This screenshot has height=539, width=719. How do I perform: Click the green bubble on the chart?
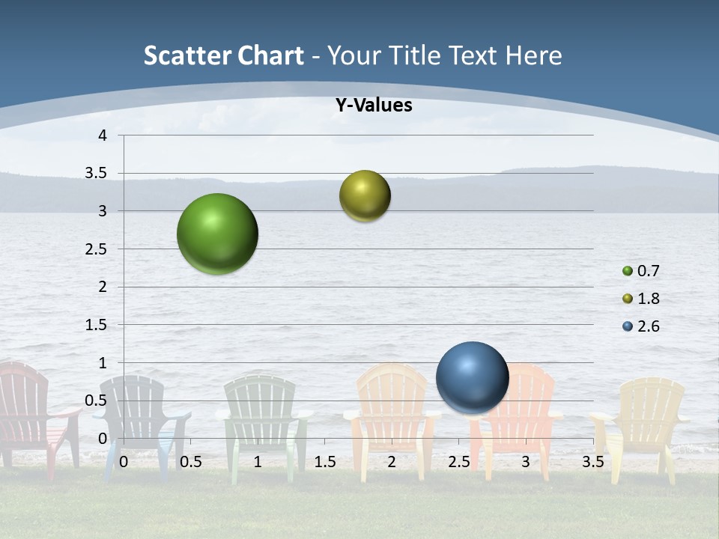pos(217,234)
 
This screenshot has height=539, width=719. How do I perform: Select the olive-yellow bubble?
pos(365,195)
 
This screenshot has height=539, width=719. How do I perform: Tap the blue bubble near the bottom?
pos(472,377)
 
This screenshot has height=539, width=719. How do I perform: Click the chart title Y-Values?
pos(373,106)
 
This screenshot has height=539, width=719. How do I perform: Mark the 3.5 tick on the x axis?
pos(592,462)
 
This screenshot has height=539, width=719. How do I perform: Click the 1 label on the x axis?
pos(258,462)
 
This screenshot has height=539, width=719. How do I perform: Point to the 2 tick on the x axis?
pos(392,462)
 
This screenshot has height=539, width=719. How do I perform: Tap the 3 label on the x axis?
pos(526,462)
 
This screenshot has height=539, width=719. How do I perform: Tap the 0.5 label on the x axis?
pos(191,462)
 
